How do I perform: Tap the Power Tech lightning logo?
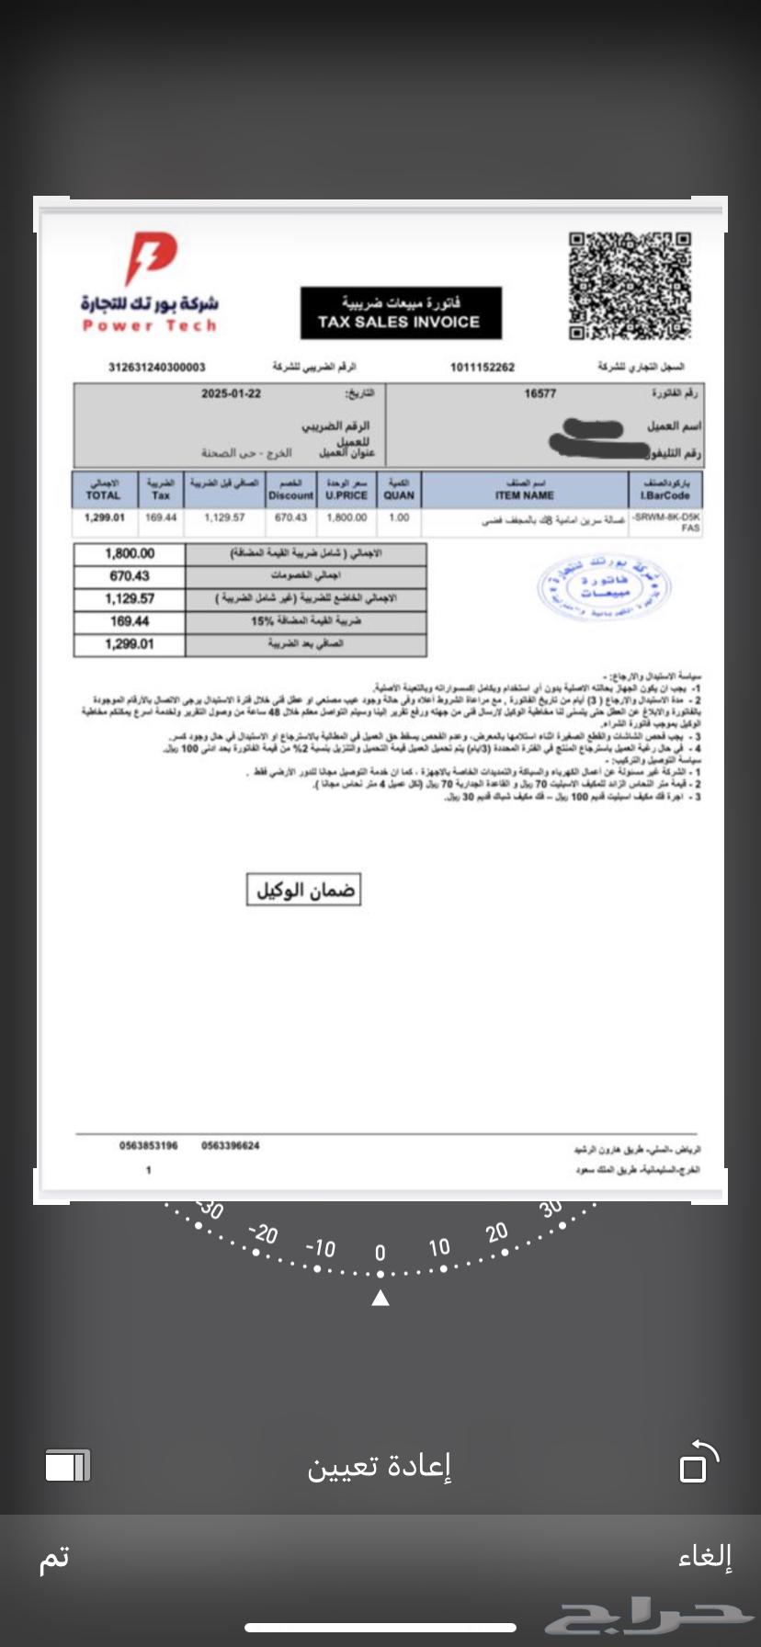coord(150,258)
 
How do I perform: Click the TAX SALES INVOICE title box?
coord(401,312)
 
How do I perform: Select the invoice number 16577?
coord(540,393)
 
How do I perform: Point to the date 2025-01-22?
coord(231,393)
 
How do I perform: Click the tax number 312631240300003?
coord(157,367)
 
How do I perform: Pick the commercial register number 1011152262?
coord(483,367)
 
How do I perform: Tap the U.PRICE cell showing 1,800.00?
coord(346,517)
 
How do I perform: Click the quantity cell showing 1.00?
coord(399,517)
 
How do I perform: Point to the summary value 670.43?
coord(130,576)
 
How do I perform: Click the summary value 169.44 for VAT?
coord(130,621)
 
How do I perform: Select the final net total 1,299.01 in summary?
coord(130,644)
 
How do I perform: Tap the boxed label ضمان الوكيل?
coord(303,890)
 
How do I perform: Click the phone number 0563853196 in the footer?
coord(149,1145)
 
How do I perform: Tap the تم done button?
coord(53,1558)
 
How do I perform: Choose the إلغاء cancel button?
coord(705,1556)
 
